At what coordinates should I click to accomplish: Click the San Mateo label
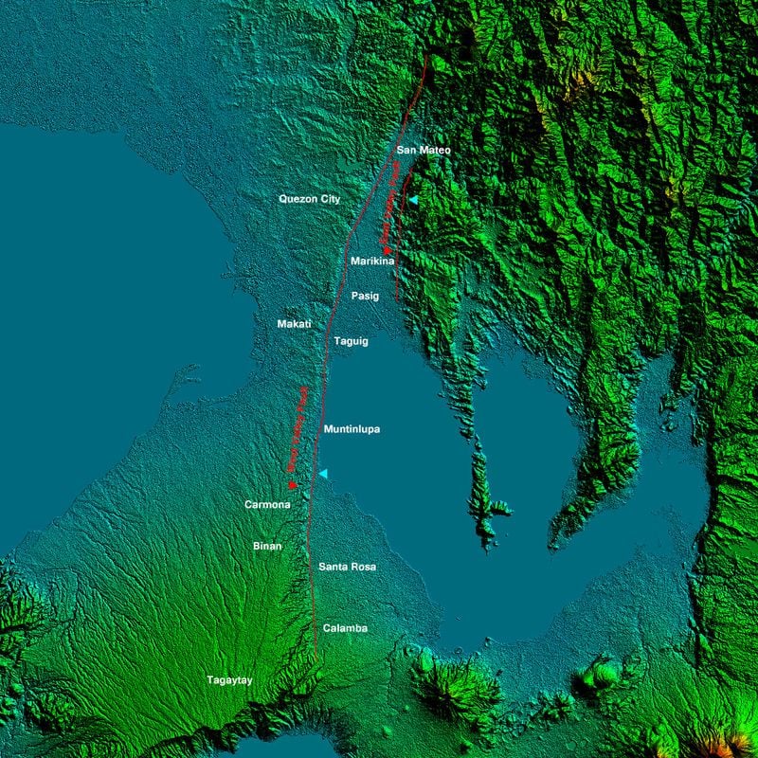point(423,150)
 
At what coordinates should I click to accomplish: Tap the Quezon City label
point(309,199)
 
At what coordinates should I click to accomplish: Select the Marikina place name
point(371,261)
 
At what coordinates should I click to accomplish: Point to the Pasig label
point(365,296)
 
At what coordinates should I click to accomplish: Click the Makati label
point(294,324)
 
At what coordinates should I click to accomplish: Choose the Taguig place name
point(351,340)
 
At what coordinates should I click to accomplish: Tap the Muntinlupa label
point(352,429)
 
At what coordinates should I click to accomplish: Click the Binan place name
point(267,547)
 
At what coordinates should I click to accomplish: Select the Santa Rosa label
point(347,567)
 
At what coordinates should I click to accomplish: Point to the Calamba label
point(345,628)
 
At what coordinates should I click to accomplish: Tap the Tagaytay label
point(230,679)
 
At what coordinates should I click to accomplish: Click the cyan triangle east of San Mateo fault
point(412,200)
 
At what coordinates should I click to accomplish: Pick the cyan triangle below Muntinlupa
point(323,473)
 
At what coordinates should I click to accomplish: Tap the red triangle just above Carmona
point(292,485)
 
